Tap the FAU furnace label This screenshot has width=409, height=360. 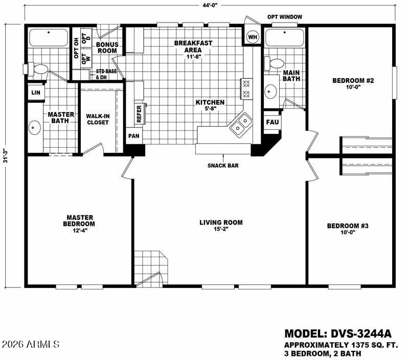click(271, 123)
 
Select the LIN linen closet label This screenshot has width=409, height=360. click(35, 93)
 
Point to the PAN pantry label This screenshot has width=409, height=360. click(133, 137)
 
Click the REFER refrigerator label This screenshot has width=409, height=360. click(139, 113)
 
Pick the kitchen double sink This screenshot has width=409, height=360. click(240, 125)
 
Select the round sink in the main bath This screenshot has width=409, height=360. click(270, 92)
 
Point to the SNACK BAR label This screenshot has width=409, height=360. click(223, 165)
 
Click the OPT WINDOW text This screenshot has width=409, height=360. click(285, 17)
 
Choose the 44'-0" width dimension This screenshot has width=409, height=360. click(209, 5)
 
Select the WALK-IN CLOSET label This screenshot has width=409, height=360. click(97, 119)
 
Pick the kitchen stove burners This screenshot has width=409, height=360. click(246, 87)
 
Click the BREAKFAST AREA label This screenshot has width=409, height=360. click(193, 47)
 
